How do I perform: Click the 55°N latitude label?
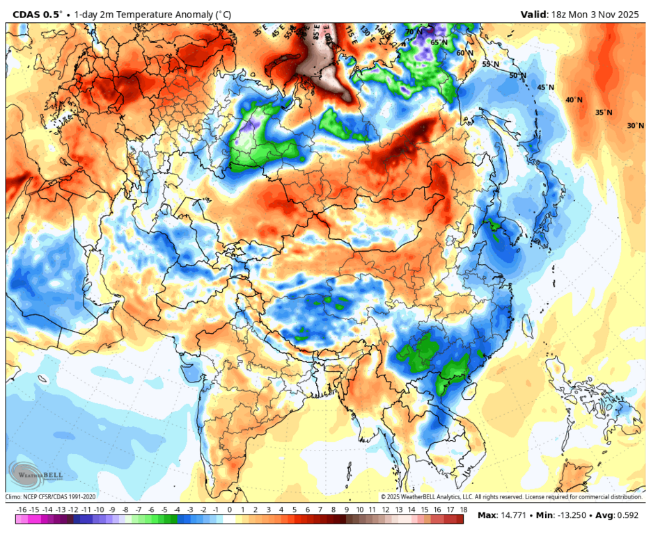[492, 64]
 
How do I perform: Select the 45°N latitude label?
[546, 88]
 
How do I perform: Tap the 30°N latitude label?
[635, 126]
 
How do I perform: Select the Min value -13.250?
[570, 516]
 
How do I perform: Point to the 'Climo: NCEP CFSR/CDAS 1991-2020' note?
[51, 497]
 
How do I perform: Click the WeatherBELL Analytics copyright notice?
[511, 497]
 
